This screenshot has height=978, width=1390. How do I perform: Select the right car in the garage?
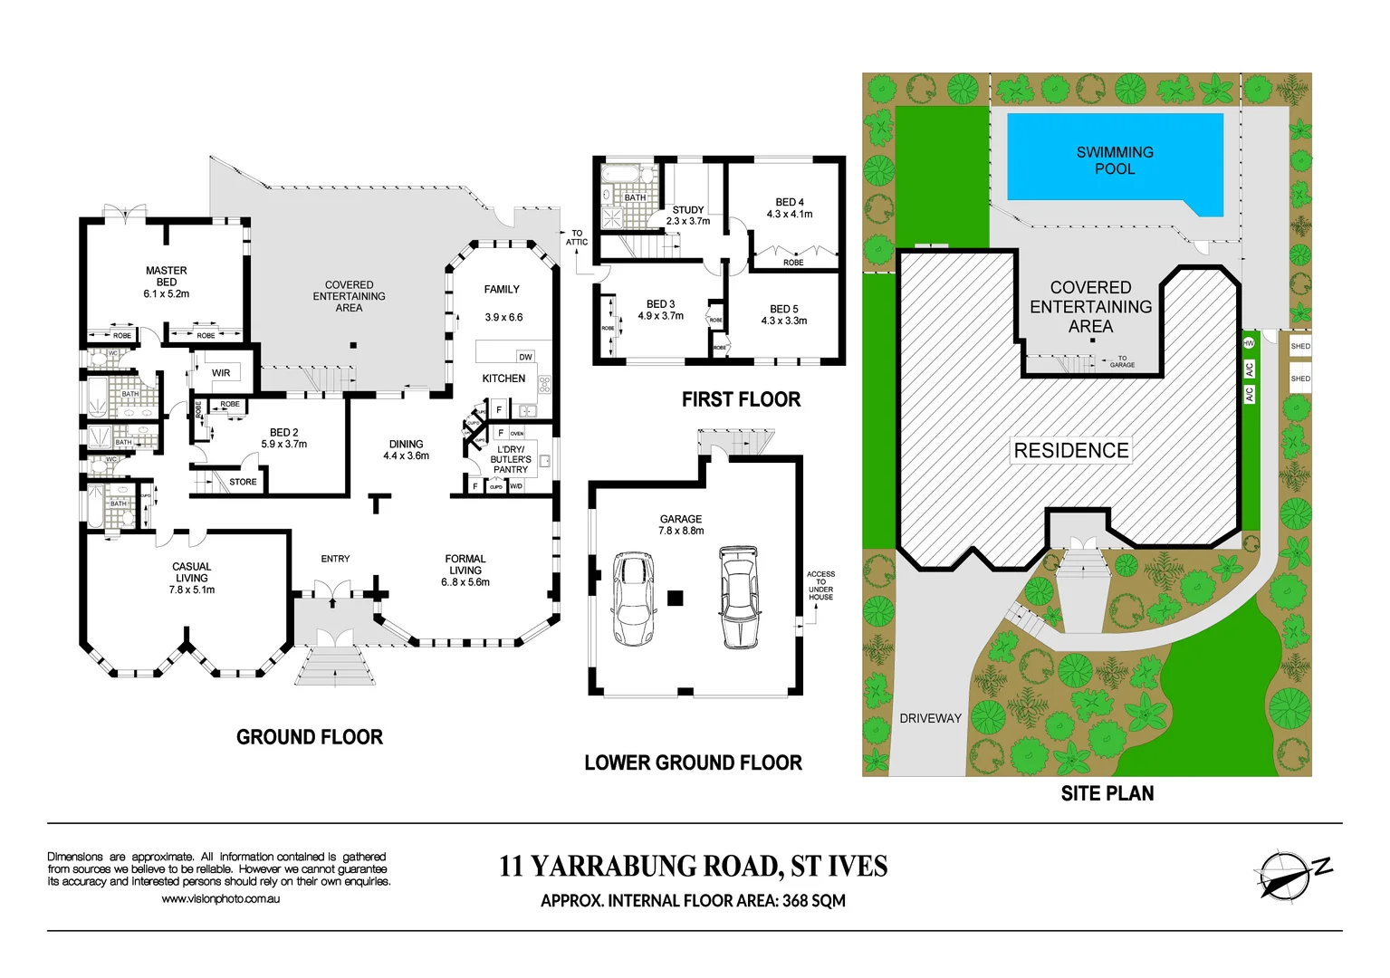pos(739,597)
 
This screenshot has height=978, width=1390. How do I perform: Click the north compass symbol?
pos(1286,875)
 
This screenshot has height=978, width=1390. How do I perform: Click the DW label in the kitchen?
pos(525,357)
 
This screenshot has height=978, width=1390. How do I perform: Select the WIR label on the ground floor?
pos(221,373)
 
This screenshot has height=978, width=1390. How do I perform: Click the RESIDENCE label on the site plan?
pos(1071,450)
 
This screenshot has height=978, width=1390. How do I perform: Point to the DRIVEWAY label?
pos(930,718)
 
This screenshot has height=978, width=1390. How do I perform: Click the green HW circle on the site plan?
pos(1249,343)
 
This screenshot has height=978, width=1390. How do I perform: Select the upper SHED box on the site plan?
pos(1300,347)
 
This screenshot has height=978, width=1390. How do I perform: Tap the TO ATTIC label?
pos(577,237)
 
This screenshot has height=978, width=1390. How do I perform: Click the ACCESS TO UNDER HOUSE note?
pos(820,586)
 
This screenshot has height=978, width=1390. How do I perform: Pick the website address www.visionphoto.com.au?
pos(221,899)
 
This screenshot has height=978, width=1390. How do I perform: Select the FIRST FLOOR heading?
pos(741,399)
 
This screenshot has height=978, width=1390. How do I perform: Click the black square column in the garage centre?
pos(675,598)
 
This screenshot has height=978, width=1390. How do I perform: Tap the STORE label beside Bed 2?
pos(243,482)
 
